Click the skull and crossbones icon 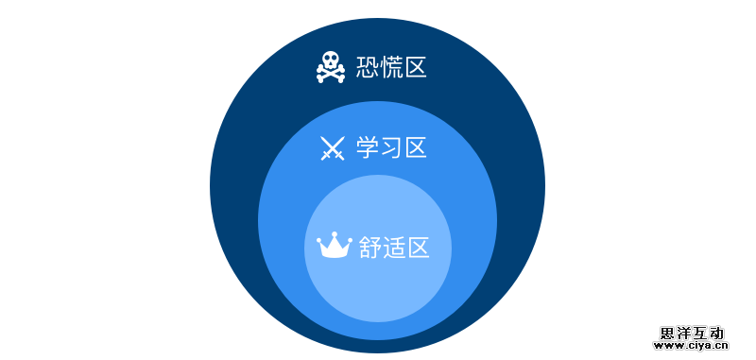click(x=331, y=67)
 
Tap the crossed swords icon click(x=333, y=148)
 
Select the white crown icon click(x=335, y=246)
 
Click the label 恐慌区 click(x=391, y=67)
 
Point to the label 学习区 click(x=391, y=147)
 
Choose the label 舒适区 click(x=394, y=248)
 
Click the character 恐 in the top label click(x=368, y=67)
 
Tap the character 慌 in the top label click(x=391, y=67)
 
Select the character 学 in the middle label click(x=368, y=147)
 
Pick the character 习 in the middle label click(x=391, y=147)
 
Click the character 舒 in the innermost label click(x=370, y=248)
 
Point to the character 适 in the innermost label click(x=394, y=248)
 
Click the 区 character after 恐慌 click(x=416, y=67)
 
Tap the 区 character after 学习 click(x=416, y=147)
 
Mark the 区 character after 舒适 click(x=419, y=248)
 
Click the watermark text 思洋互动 click(x=692, y=334)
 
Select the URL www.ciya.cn click(x=691, y=346)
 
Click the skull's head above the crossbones click(x=331, y=60)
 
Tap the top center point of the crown click(x=335, y=234)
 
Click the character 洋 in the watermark click(x=683, y=334)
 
